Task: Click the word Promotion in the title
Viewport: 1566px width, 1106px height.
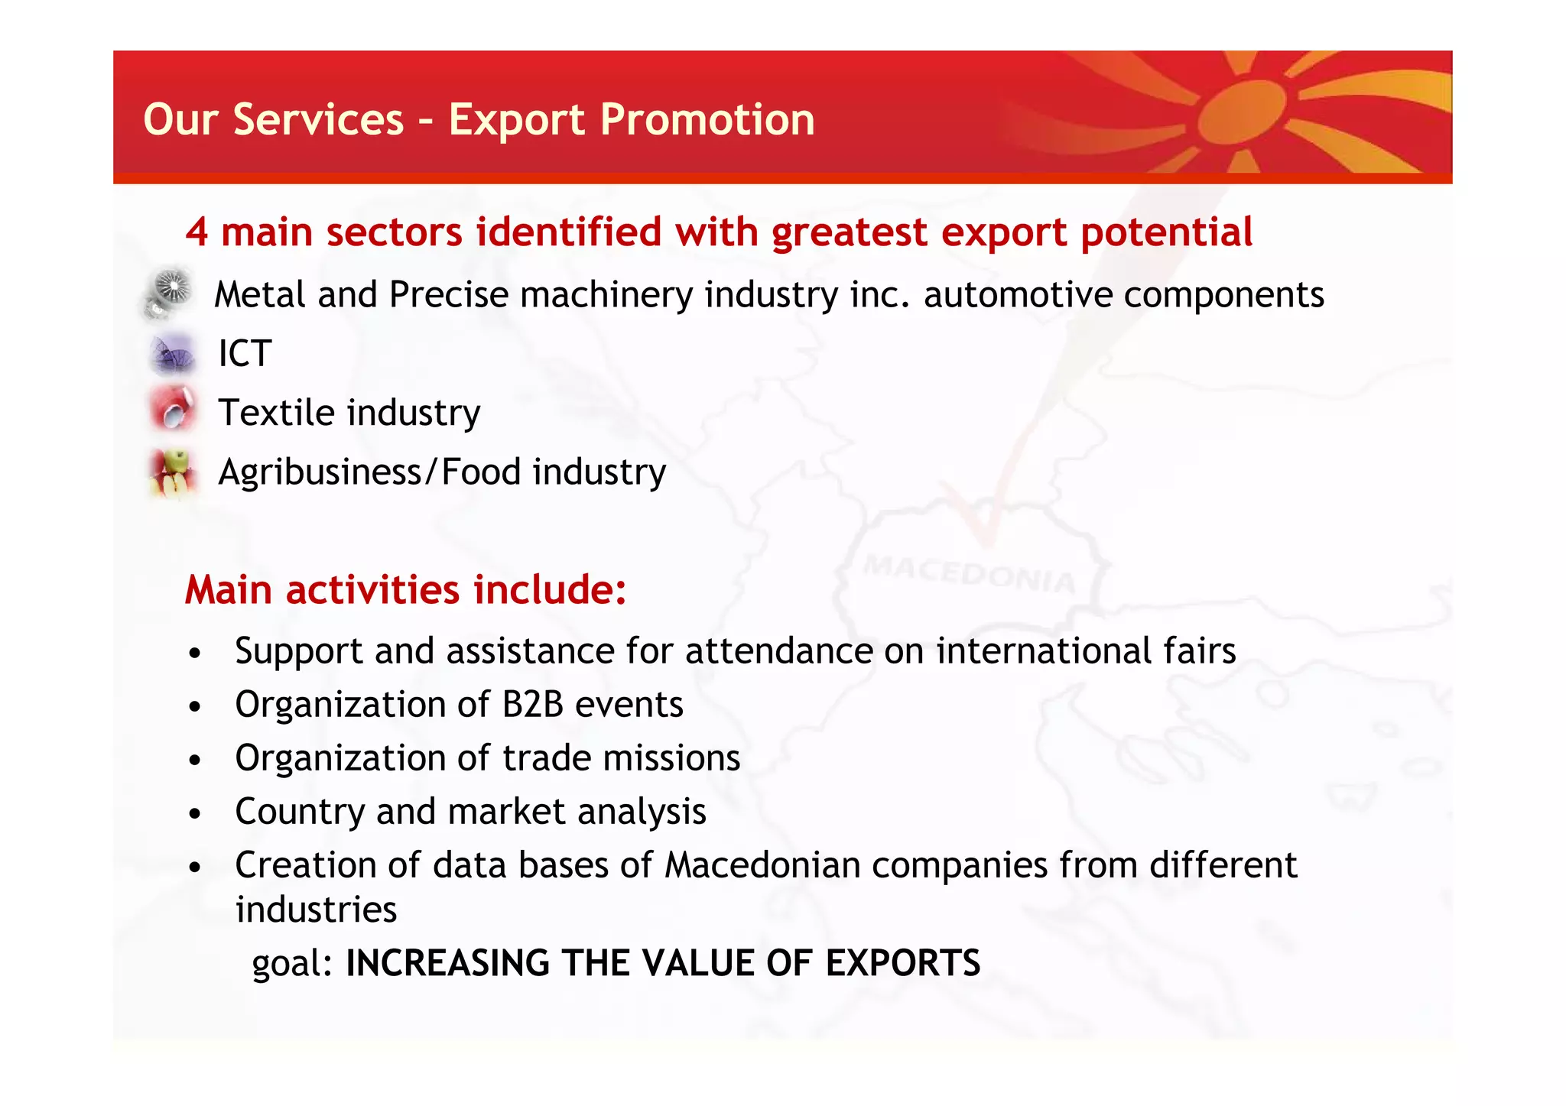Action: (x=707, y=120)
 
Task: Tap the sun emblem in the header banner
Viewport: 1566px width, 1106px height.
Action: (x=1242, y=115)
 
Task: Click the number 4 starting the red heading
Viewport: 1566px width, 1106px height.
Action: (x=197, y=232)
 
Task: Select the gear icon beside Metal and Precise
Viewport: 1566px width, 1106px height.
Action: (x=170, y=293)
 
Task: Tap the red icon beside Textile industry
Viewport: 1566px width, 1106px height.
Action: (x=174, y=410)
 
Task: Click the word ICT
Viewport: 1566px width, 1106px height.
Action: (x=245, y=354)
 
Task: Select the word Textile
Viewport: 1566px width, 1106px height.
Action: (x=276, y=413)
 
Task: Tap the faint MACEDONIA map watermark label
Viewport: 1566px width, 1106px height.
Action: (x=970, y=573)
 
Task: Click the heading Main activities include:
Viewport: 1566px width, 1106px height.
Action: (x=405, y=590)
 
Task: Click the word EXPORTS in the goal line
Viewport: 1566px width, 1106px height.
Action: (x=902, y=963)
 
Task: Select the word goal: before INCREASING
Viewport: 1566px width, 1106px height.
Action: (x=293, y=963)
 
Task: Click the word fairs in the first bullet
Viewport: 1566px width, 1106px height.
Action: (x=1199, y=651)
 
